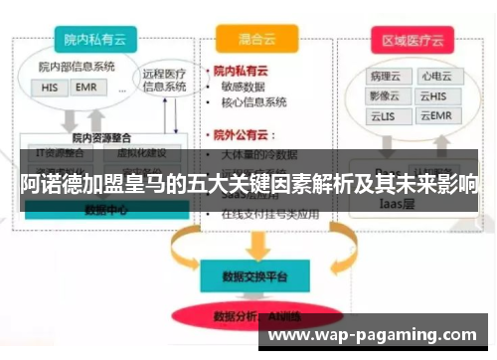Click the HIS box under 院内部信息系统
[50, 88]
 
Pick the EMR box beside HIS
[84, 88]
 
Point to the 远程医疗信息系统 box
[163, 79]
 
